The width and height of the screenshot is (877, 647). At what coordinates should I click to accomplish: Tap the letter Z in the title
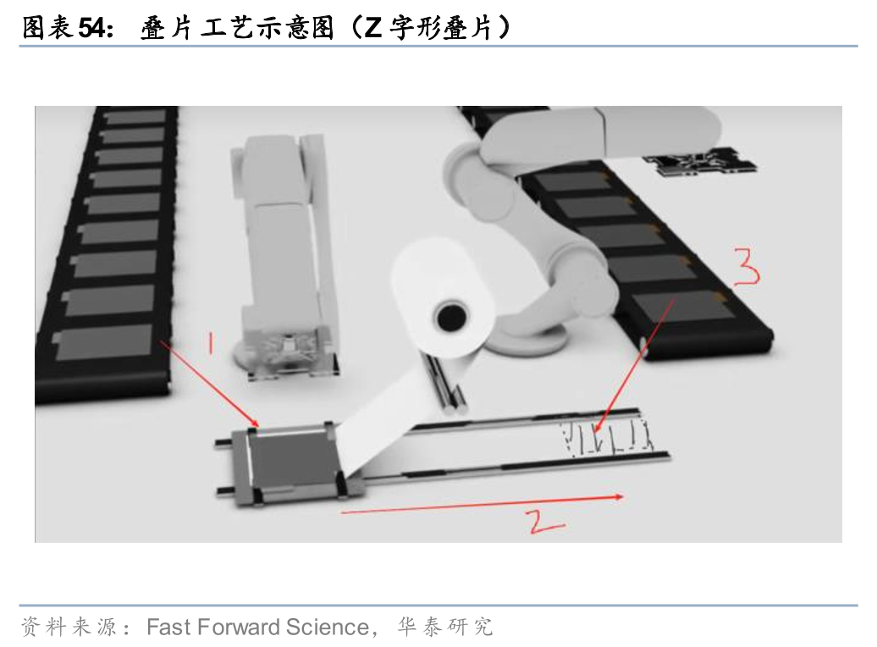click(372, 28)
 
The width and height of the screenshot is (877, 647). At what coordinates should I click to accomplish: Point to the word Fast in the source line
click(169, 627)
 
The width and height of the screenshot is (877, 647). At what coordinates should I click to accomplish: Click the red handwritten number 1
click(211, 342)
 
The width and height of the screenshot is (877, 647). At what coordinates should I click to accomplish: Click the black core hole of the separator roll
click(451, 318)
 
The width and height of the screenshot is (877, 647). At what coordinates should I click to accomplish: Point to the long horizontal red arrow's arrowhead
click(619, 496)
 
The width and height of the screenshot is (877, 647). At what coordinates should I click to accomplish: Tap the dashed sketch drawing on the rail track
click(606, 437)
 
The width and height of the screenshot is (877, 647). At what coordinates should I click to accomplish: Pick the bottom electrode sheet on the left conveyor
click(104, 342)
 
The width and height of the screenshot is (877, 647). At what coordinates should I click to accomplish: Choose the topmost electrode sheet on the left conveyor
click(135, 118)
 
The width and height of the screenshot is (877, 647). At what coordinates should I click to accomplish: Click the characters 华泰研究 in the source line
click(445, 627)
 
